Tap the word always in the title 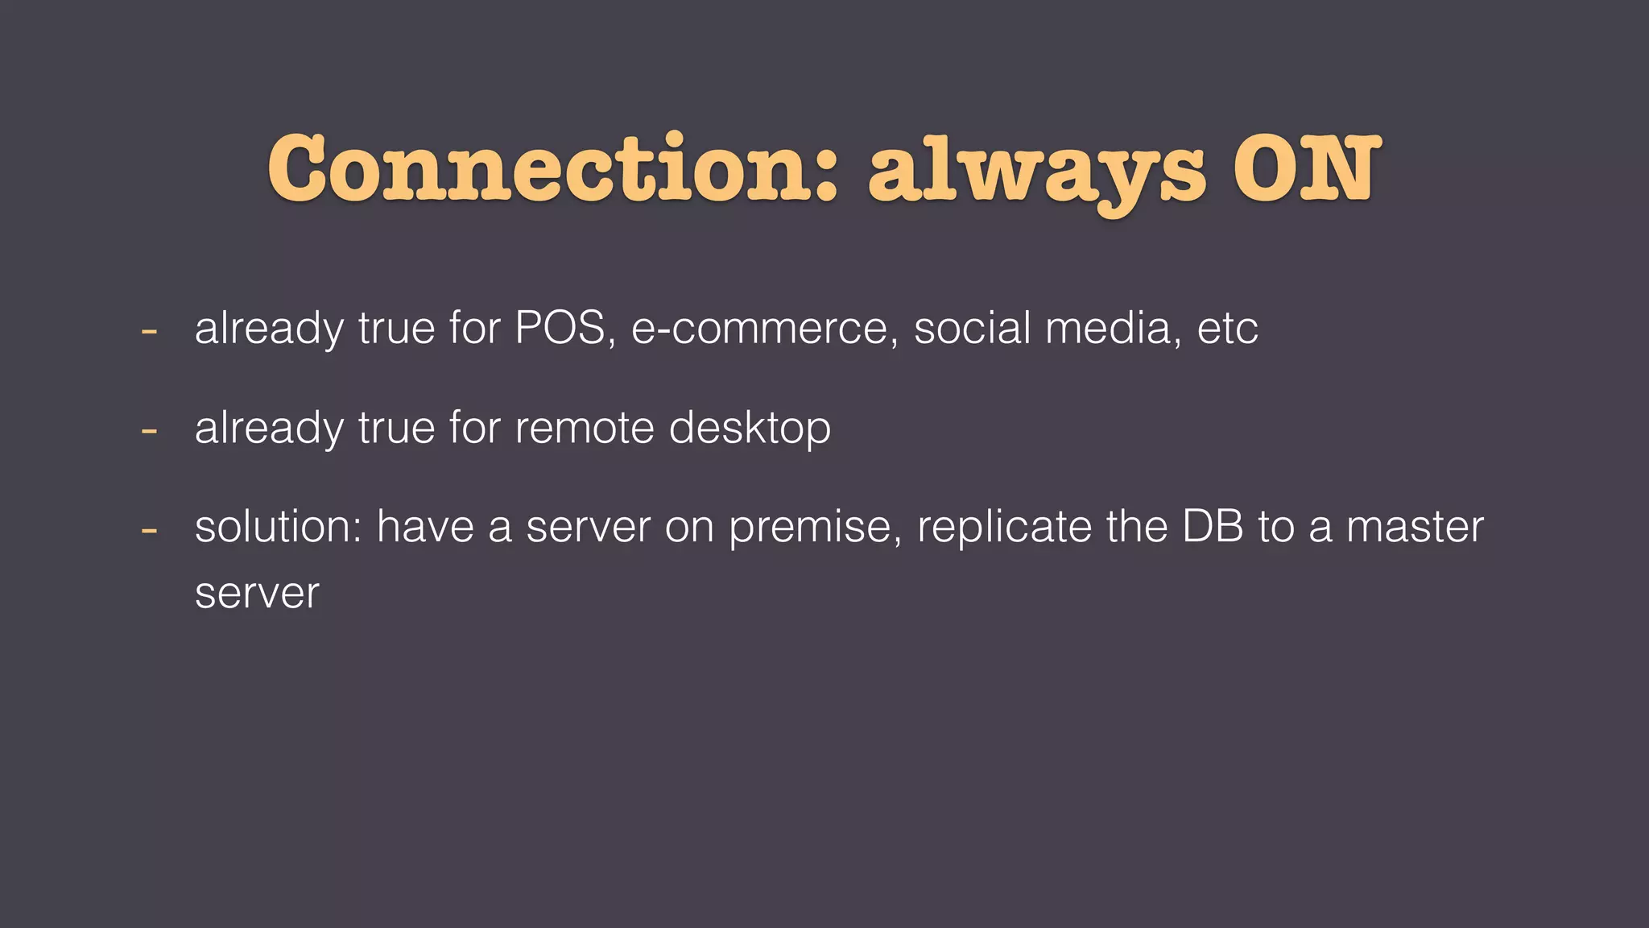click(1036, 171)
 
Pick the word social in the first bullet click(972, 328)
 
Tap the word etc click(1227, 329)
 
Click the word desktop click(750, 429)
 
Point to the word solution click(277, 527)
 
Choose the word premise click(814, 528)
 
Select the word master click(1415, 527)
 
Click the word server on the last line click(257, 594)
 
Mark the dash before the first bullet click(148, 330)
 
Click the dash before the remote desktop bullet click(148, 430)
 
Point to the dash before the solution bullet click(148, 530)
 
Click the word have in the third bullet click(424, 527)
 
